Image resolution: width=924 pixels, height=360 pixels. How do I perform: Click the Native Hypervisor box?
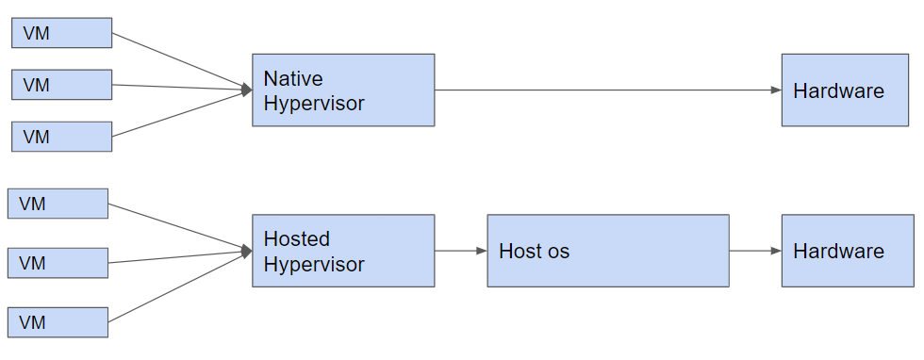(343, 90)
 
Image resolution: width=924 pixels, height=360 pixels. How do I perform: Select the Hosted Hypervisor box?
(343, 251)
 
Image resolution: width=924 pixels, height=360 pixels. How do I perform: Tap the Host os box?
(608, 251)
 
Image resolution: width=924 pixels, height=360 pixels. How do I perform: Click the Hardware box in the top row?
(845, 90)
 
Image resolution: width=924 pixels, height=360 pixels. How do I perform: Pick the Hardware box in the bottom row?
(848, 251)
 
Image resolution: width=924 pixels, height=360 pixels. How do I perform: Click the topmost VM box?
(62, 32)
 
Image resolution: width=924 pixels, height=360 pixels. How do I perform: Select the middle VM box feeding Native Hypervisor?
(62, 85)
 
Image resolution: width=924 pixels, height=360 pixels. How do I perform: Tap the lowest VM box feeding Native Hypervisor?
(62, 137)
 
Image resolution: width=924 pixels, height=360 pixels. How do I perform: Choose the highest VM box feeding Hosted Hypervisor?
(58, 204)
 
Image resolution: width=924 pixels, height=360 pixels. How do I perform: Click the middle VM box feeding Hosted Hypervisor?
(58, 263)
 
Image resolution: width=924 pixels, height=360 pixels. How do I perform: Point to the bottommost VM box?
(58, 322)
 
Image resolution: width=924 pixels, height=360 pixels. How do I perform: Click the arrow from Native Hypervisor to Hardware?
(608, 90)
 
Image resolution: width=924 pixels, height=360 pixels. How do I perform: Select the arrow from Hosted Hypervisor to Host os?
(461, 251)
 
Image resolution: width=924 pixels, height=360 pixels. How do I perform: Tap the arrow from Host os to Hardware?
(755, 251)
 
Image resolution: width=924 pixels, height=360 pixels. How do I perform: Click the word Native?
(293, 78)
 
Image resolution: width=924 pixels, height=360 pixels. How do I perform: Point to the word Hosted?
(296, 238)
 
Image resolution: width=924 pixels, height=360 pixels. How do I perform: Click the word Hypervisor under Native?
(314, 104)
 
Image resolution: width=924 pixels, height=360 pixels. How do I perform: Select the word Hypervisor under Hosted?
(314, 265)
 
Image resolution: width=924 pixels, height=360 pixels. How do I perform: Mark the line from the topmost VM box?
(182, 61)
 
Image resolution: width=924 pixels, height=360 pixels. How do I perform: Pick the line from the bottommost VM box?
(180, 286)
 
